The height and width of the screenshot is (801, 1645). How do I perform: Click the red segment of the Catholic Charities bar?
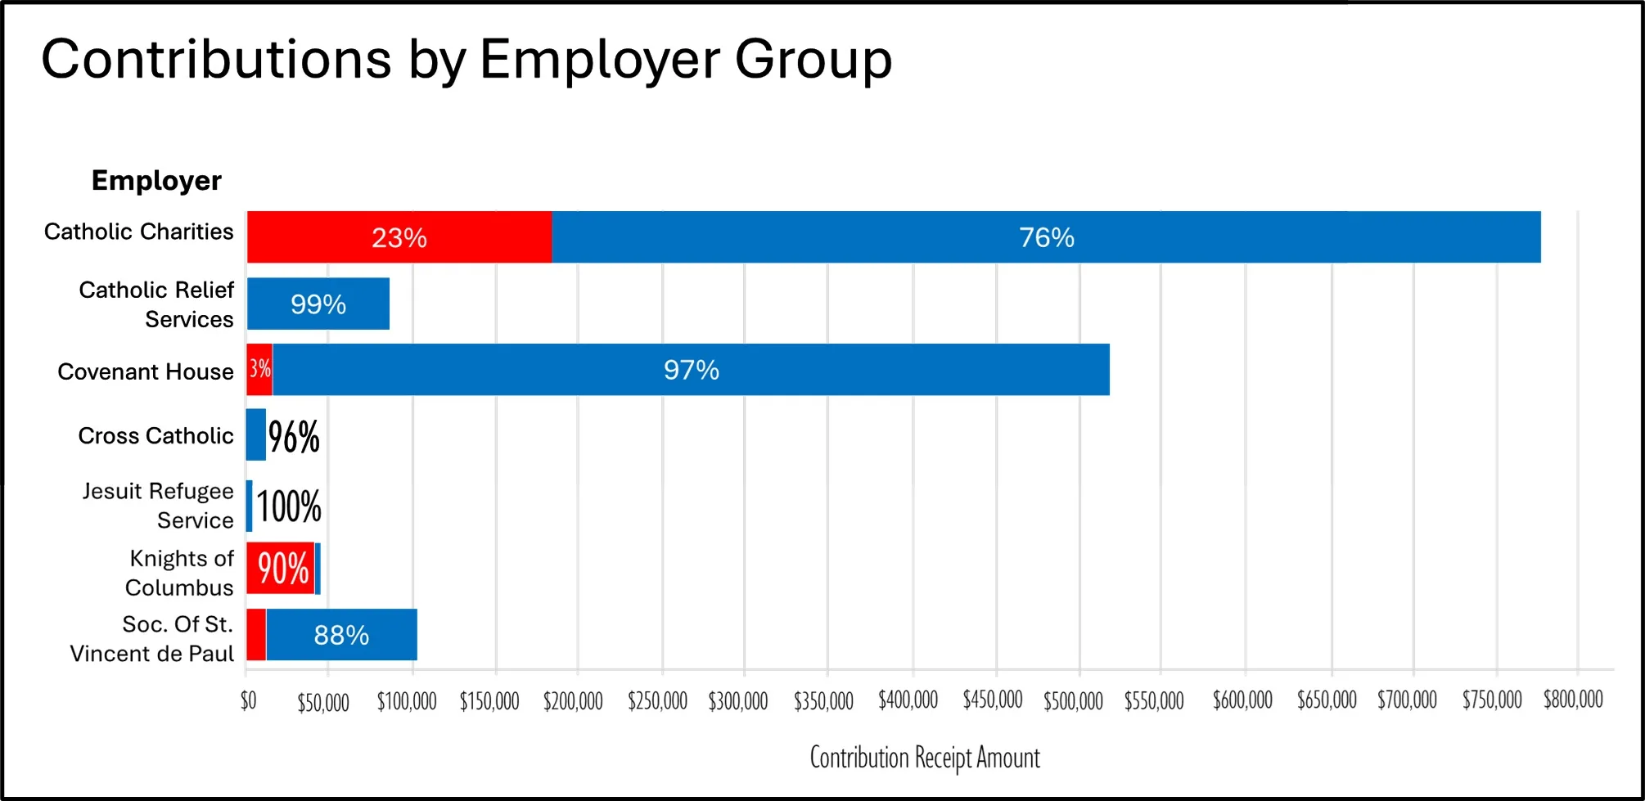coord(399,237)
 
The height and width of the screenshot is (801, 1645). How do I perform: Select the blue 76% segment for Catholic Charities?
coord(1046,237)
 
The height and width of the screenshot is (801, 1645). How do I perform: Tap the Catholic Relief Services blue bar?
coord(318,304)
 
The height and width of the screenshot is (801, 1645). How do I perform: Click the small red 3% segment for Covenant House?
coord(259,369)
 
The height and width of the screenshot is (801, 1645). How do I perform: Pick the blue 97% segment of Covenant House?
coord(692,370)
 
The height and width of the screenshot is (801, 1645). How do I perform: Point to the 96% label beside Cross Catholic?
coord(294,436)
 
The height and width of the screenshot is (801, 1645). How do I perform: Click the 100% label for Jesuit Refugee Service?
coord(289,506)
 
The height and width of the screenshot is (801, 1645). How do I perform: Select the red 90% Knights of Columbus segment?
coord(282,568)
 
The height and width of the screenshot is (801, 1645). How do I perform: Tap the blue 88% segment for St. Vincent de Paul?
coord(341,635)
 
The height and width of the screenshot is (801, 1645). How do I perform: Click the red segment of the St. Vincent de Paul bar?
coord(256,635)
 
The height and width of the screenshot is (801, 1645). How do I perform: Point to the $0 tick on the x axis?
coord(248,700)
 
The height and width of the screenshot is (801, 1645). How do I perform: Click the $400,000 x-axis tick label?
coord(908,700)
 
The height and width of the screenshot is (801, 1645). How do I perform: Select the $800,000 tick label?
coord(1573,700)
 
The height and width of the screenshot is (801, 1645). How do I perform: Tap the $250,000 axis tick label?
coord(657,701)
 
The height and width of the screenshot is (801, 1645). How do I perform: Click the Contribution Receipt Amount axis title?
coord(925,758)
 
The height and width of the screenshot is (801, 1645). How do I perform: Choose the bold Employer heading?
coord(156,180)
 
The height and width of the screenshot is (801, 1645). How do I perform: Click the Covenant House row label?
coord(146,371)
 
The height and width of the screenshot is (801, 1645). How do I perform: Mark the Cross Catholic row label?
coord(155,435)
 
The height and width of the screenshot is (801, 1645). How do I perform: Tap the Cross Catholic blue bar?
coord(256,434)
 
